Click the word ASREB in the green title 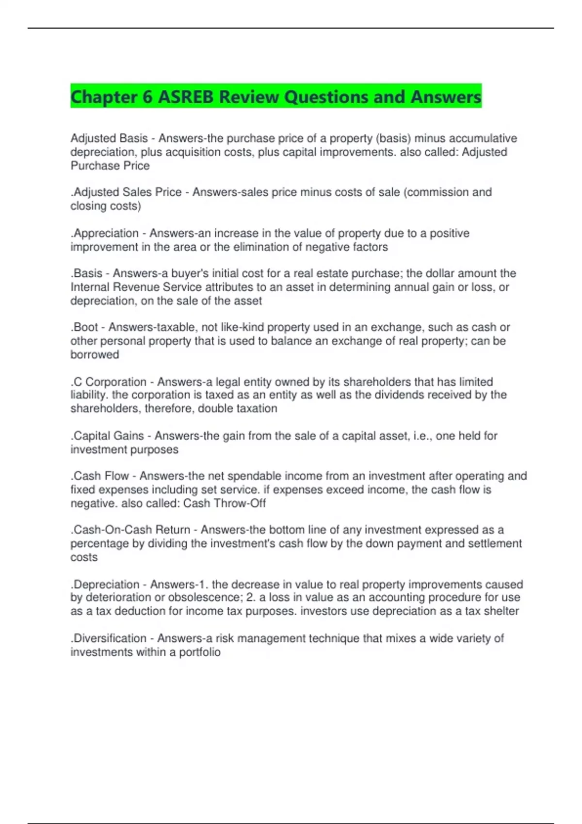point(186,97)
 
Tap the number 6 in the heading point(147,97)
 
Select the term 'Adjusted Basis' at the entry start point(109,139)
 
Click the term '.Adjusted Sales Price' point(126,192)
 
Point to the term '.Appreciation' point(105,233)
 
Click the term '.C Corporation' point(108,382)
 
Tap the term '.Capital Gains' point(107,436)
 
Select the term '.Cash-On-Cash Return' point(130,530)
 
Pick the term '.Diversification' point(108,638)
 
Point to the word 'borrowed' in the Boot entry point(95,355)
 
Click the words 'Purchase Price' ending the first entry point(110,166)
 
